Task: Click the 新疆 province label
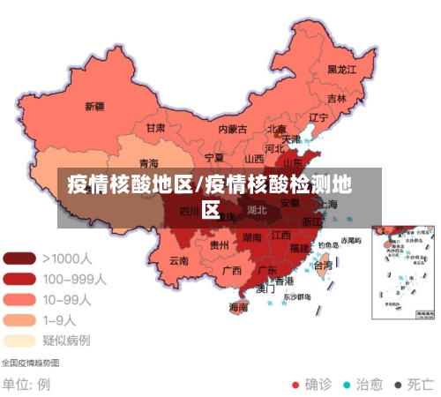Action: (94, 107)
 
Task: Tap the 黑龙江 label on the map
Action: (341, 69)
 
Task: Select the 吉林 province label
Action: (337, 98)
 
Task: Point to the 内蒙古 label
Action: (233, 129)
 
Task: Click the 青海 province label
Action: (149, 163)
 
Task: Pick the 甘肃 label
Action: (155, 127)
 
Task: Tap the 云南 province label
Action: (179, 260)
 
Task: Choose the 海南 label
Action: (238, 307)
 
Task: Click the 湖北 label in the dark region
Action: (257, 210)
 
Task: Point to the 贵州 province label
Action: (219, 244)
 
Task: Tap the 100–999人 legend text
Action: (74, 279)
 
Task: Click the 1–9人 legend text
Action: (61, 319)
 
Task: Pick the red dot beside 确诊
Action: (296, 385)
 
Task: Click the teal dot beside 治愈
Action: (347, 385)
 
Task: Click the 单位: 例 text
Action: (26, 385)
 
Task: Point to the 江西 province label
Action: (281, 236)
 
